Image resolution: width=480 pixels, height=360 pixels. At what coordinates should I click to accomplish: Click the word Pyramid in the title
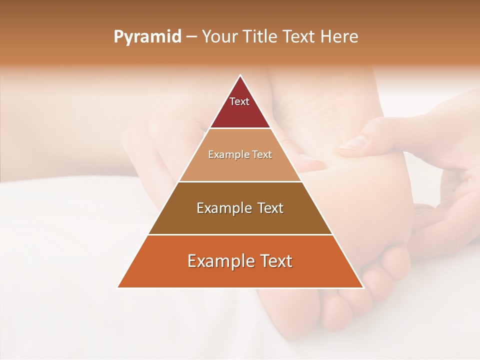(147, 37)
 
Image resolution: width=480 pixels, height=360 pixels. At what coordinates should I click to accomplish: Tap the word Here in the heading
(339, 37)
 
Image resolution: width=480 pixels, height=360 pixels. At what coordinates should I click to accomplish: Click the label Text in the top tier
(239, 101)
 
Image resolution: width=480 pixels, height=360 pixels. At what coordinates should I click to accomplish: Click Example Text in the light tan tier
(240, 154)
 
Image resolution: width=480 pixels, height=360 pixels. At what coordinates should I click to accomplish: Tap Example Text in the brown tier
(240, 208)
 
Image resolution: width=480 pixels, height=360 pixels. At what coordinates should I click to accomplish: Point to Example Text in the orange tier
(240, 261)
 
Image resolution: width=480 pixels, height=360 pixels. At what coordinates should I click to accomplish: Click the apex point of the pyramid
(240, 75)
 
